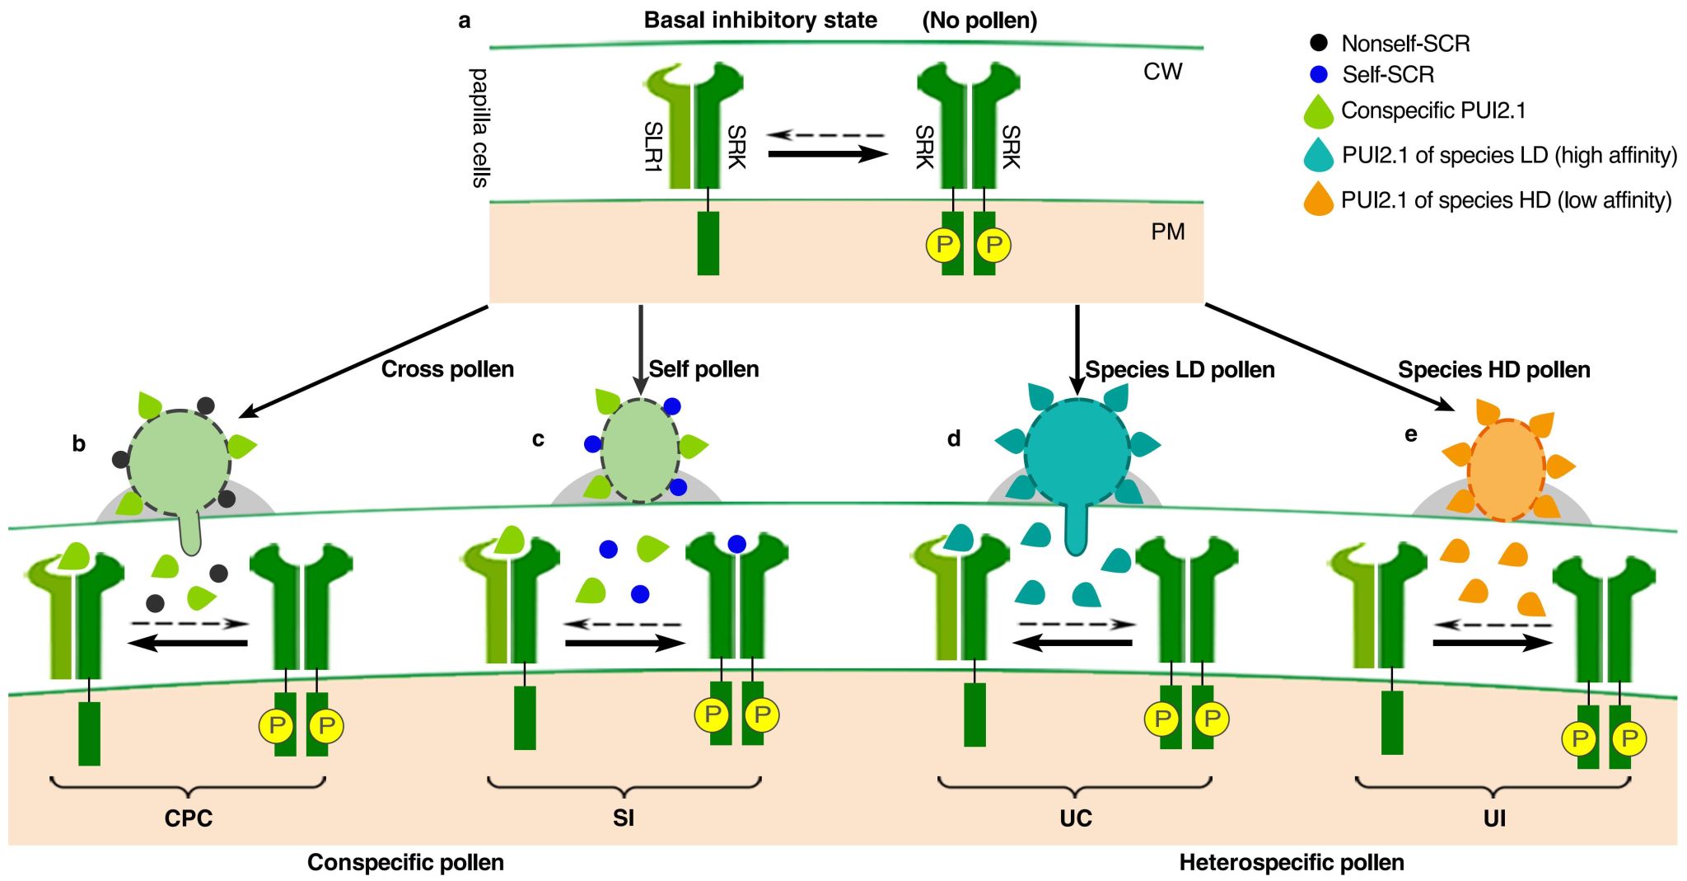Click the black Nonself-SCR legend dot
(1319, 42)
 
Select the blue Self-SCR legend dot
(1319, 74)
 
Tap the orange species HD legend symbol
(1319, 200)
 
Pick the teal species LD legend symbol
(1319, 156)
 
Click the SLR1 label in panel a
(652, 147)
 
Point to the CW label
(1162, 72)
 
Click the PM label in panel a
(1167, 232)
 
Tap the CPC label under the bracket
(189, 818)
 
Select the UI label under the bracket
(1494, 818)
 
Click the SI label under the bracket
(624, 818)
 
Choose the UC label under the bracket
(1076, 818)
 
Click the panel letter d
(954, 438)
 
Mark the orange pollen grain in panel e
(1506, 471)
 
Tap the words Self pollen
(703, 369)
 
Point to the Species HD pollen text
(1493, 370)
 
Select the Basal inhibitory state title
(760, 20)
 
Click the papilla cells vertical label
(479, 128)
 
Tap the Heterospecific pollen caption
(1292, 863)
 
